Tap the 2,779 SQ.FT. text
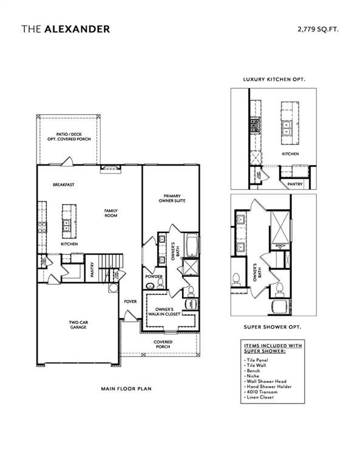pyautogui.click(x=318, y=29)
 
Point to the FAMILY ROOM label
pyautogui.click(x=110, y=214)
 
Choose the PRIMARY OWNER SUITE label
pyautogui.click(x=174, y=198)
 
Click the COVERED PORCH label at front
pyautogui.click(x=163, y=345)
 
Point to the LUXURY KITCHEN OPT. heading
pyautogui.click(x=274, y=79)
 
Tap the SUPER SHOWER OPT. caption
pyautogui.click(x=273, y=326)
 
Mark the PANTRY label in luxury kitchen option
pyautogui.click(x=295, y=183)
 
